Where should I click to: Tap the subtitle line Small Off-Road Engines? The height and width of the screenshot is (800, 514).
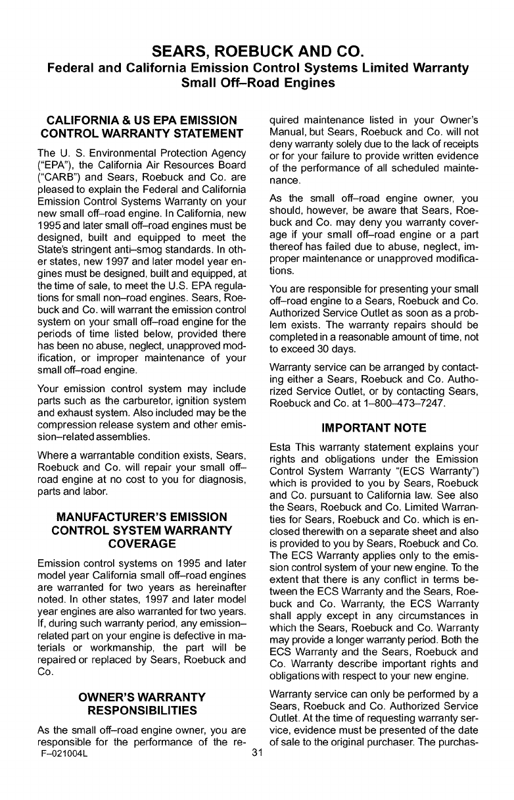[x=257, y=83]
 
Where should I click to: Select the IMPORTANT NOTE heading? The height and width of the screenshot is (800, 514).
[x=374, y=428]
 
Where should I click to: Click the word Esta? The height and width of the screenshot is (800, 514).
[x=282, y=447]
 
